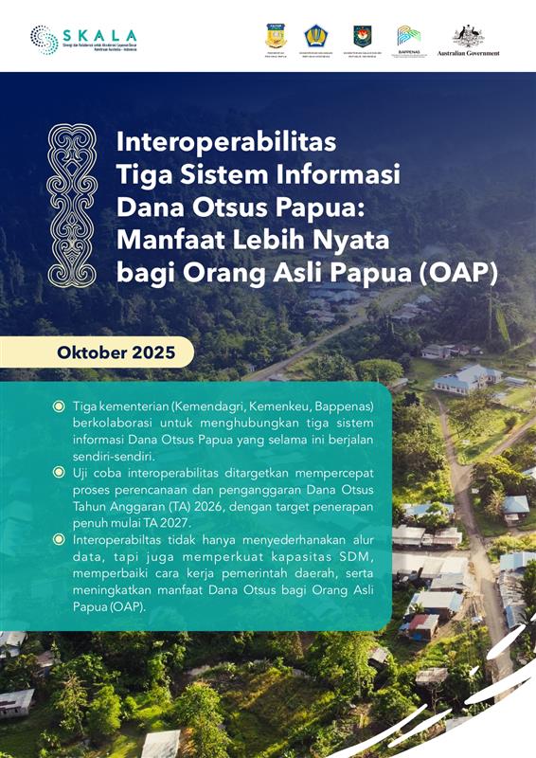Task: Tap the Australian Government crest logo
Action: click(468, 40)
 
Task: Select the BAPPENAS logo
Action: click(409, 39)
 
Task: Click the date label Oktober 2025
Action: click(116, 352)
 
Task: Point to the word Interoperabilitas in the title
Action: click(226, 143)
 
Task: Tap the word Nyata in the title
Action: click(348, 239)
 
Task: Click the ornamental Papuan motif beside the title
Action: click(72, 206)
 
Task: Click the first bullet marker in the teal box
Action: click(59, 406)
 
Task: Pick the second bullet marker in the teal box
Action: click(59, 472)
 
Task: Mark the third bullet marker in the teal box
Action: click(59, 538)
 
